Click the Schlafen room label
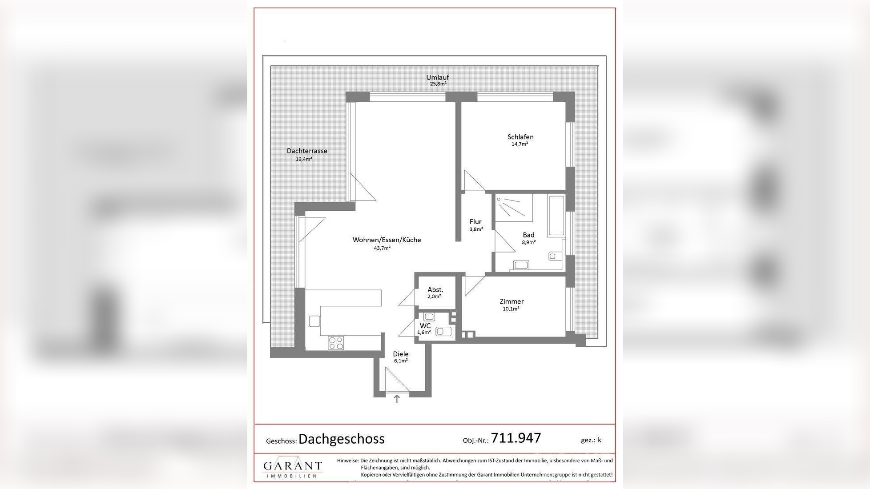[520, 137]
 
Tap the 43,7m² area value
[382, 248]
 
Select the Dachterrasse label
[307, 151]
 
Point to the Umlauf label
[438, 77]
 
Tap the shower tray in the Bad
[514, 207]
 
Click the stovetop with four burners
[336, 343]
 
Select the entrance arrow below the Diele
[397, 399]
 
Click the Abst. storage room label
[435, 290]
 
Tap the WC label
[425, 325]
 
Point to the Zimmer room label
[512, 301]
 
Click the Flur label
[475, 221]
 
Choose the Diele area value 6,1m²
[401, 361]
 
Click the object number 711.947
[516, 438]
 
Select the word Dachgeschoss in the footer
[341, 439]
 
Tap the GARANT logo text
[292, 466]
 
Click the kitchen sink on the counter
[314, 321]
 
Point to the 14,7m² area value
[520, 144]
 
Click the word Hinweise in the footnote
[347, 461]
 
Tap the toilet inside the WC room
[443, 331]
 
